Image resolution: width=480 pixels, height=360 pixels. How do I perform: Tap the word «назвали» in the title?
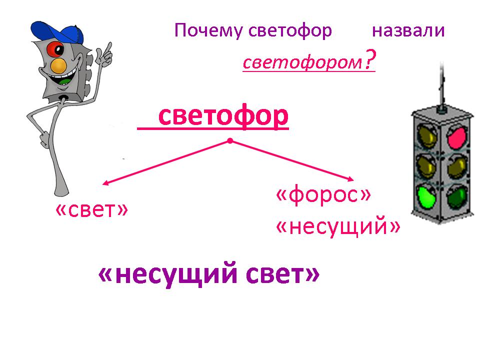[408, 31]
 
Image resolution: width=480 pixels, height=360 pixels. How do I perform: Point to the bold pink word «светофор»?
[223, 116]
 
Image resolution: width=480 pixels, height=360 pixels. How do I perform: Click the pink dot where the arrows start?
[230, 141]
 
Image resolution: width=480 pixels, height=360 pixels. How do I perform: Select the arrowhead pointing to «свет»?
[105, 183]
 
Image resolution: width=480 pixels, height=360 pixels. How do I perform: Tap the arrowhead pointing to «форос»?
[350, 179]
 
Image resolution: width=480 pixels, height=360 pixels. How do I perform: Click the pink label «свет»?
[91, 209]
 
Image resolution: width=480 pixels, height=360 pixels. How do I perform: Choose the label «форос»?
[323, 195]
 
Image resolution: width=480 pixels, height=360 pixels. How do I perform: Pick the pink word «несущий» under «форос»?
[338, 226]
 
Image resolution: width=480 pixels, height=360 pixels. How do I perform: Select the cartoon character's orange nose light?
[58, 65]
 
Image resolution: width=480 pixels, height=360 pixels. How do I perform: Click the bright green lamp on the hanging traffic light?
[426, 196]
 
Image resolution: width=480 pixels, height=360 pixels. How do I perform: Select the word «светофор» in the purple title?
[290, 31]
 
